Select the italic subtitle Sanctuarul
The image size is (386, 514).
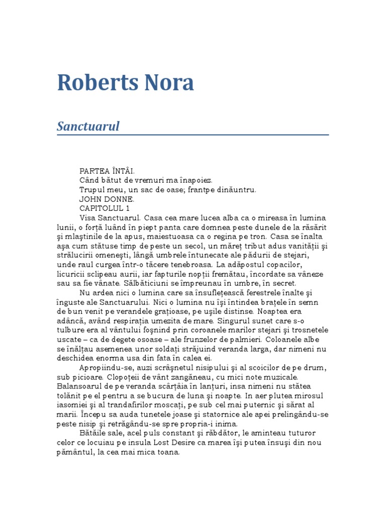88,126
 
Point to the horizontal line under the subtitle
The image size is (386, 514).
192,135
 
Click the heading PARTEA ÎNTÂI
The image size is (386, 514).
107,171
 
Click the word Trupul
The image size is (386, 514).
91,190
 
